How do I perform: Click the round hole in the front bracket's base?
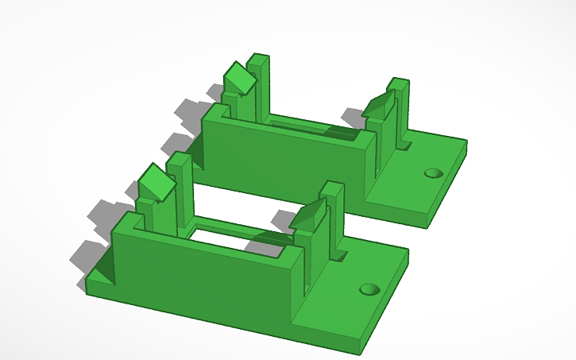pyautogui.click(x=368, y=289)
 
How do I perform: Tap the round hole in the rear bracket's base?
pyautogui.click(x=433, y=172)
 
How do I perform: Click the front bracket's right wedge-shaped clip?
pyautogui.click(x=308, y=215)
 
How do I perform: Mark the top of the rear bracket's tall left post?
pyautogui.click(x=258, y=58)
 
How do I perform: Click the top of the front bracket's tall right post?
pyautogui.click(x=332, y=188)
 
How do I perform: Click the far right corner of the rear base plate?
pyautogui.click(x=466, y=143)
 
